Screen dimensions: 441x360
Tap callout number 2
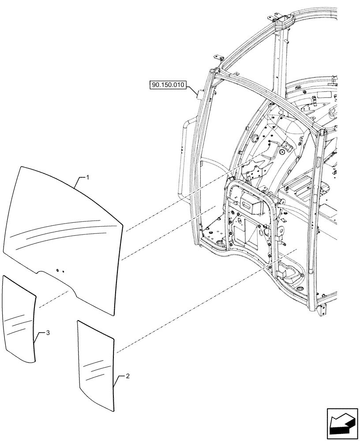pyautogui.click(x=127, y=376)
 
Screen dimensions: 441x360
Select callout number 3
pyautogui.click(x=48, y=333)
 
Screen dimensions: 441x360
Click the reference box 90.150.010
pyautogui.click(x=169, y=85)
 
